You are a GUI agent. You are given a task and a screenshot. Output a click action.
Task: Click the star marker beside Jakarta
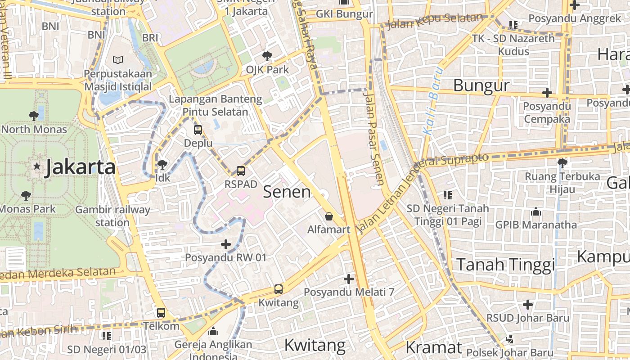37,166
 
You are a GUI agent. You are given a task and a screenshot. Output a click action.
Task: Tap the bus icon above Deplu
198,130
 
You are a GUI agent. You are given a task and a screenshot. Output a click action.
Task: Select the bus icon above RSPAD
241,171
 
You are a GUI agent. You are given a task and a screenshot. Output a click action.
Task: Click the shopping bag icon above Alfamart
329,216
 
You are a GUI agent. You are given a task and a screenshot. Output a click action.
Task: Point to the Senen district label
287,192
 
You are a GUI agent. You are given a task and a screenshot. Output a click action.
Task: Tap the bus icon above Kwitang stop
279,289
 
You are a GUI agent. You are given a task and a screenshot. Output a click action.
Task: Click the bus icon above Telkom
161,312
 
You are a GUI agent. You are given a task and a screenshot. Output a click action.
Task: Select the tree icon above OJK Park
267,56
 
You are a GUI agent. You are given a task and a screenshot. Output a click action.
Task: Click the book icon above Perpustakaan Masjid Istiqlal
118,60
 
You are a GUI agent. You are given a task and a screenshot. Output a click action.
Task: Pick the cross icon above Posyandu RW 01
226,244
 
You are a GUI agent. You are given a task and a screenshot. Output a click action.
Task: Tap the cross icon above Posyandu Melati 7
349,279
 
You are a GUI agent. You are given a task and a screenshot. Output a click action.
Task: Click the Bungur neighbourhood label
481,85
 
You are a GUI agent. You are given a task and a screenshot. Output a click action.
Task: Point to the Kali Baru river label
433,102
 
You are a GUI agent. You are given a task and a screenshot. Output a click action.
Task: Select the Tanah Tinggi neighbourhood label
506,265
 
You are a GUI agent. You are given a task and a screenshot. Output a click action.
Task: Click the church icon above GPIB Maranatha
536,211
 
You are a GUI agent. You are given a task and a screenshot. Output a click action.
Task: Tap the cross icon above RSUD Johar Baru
528,305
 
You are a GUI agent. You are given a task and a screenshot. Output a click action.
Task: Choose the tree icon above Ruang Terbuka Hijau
562,163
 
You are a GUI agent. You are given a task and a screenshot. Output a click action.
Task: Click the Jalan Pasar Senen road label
374,139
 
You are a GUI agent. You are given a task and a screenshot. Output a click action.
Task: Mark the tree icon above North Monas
33,116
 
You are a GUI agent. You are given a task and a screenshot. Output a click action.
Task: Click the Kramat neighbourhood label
433,347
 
